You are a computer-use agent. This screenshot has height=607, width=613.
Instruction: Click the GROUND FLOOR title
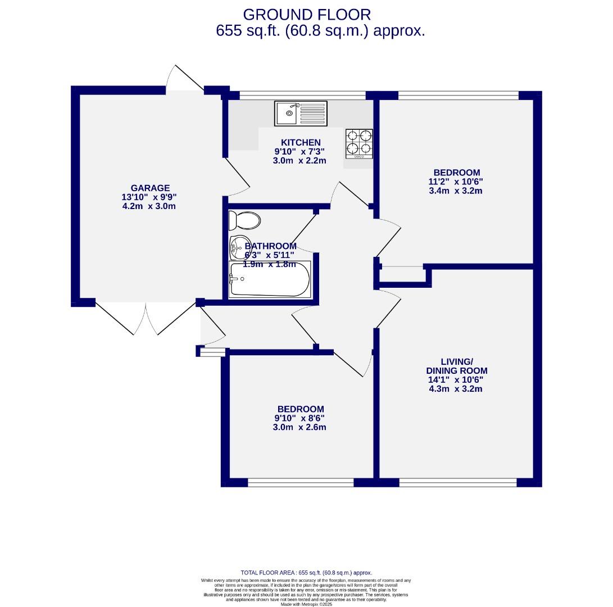(x=307, y=15)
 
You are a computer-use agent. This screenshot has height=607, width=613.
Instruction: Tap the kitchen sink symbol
(x=301, y=113)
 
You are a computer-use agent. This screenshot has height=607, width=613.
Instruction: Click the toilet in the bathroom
(x=246, y=220)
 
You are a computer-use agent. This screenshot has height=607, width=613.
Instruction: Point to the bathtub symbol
(x=270, y=279)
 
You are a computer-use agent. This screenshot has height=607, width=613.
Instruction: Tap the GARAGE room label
(x=150, y=188)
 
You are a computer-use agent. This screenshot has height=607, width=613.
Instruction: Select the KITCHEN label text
(x=301, y=143)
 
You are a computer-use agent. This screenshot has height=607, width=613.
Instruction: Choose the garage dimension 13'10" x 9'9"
(x=150, y=197)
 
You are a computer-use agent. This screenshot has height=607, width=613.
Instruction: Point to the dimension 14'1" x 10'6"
(x=455, y=379)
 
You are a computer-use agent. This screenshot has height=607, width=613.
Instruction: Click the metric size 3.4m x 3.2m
(x=456, y=191)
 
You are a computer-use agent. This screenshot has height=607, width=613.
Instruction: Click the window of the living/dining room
(x=458, y=482)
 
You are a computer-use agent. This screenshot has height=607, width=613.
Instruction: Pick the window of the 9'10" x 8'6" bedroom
(x=301, y=482)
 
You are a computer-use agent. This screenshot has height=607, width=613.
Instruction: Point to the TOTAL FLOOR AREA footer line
(x=306, y=573)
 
